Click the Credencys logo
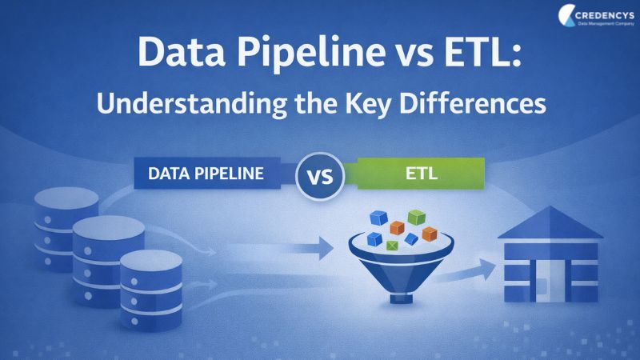coord(596,15)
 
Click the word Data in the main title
coord(182,52)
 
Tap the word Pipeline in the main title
coord(311,54)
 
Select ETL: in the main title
coord(483,52)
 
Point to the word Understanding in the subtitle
coord(192,105)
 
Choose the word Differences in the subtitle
coord(473,104)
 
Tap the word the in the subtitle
coord(316,104)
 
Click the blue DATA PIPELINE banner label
coord(207,174)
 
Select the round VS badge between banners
coord(320,176)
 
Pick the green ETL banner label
coord(421,174)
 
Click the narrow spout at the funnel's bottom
coord(401,298)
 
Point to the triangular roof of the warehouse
coord(550,223)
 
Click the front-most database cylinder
coord(151,290)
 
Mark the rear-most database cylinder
coord(66,229)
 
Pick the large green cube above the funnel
coord(416,217)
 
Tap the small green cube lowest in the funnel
coord(392,245)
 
